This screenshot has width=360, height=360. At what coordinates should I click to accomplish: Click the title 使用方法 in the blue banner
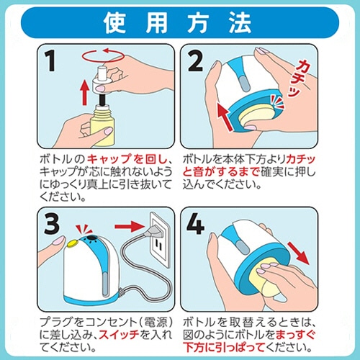[x=178, y=23]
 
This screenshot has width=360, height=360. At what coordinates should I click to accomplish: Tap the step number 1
[x=50, y=61]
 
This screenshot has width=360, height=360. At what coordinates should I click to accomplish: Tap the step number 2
[x=195, y=61]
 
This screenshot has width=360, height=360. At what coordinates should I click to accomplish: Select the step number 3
[x=52, y=225]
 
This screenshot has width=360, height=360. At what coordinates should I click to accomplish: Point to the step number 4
[x=196, y=225]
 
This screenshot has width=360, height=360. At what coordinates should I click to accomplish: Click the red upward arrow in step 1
[x=84, y=92]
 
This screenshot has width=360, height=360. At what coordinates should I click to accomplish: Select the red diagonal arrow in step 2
[x=225, y=117]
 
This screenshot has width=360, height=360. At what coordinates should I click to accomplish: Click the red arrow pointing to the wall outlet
[x=129, y=226]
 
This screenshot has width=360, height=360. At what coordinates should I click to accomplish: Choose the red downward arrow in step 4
[x=298, y=253]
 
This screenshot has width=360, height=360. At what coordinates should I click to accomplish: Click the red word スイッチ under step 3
[x=120, y=335]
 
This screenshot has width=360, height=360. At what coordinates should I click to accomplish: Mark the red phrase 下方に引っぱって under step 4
[x=224, y=348]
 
